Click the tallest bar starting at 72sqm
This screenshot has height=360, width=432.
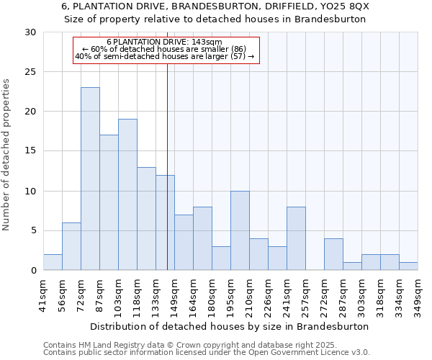click(90, 179)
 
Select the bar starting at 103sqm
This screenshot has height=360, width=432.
click(127, 194)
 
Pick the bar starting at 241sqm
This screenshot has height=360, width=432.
click(296, 238)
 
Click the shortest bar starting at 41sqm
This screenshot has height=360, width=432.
click(53, 262)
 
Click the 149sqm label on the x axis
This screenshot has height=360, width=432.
click(174, 292)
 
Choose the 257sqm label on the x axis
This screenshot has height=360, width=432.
click(305, 292)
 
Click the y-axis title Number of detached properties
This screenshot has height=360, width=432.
click(7, 155)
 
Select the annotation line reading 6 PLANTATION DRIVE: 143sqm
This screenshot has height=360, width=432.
click(164, 42)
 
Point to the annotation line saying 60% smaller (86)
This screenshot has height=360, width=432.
click(164, 49)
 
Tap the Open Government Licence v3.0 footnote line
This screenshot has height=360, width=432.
click(207, 352)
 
